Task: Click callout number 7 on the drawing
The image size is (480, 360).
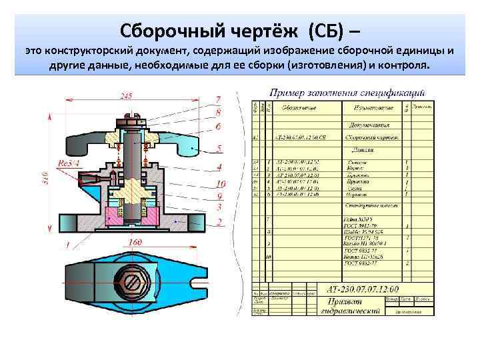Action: pos(218,100)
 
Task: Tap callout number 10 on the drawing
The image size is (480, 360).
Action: pos(221,184)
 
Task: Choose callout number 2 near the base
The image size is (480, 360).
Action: pos(219,221)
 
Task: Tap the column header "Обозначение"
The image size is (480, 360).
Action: pos(297,107)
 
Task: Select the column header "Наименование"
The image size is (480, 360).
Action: pos(372,107)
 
